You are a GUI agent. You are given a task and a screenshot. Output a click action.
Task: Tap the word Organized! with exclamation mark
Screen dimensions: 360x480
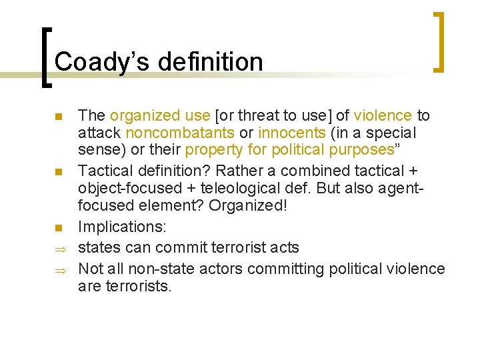[x=248, y=206]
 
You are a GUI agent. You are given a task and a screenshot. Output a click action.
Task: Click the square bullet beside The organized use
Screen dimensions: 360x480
[x=59, y=117]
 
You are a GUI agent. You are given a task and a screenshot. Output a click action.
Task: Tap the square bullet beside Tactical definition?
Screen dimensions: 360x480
[x=59, y=173]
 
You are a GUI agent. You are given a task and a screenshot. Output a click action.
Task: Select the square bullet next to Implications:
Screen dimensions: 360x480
[x=59, y=228]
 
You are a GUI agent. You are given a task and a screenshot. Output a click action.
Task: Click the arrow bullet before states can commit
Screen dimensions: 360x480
[x=59, y=249]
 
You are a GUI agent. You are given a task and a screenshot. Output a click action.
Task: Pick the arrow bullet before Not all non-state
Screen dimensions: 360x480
[x=59, y=270]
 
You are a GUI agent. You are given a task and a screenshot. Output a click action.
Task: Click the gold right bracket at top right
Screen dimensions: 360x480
[x=439, y=41]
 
